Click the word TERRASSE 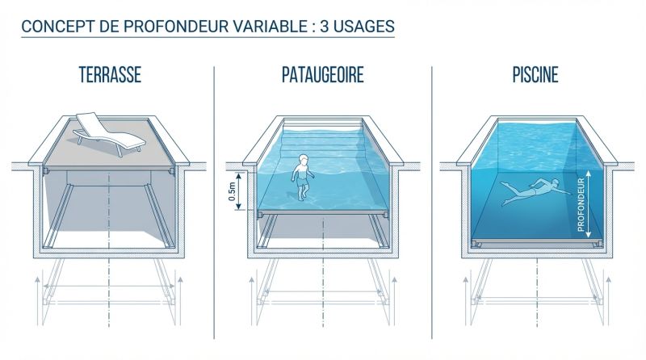(x=110, y=76)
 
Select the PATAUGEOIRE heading (x=322, y=76)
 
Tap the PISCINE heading (x=535, y=76)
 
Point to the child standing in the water (x=300, y=176)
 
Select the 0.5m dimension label (x=232, y=191)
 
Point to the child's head (x=302, y=159)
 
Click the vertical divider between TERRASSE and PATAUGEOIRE (x=215, y=202)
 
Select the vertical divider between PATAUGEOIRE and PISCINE (x=432, y=202)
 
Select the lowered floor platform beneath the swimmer (x=535, y=241)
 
